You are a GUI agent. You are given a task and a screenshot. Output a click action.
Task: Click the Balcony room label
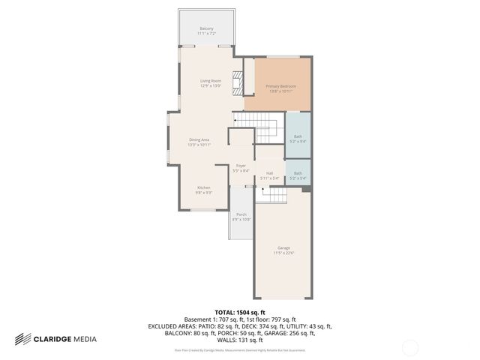point(206,28)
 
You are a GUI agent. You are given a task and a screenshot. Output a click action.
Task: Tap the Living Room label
point(211,81)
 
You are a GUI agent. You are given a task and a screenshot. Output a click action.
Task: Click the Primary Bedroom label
point(280,86)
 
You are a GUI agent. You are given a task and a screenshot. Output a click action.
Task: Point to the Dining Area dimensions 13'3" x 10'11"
point(199,145)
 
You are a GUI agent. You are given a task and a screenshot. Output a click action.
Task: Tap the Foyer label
point(241,166)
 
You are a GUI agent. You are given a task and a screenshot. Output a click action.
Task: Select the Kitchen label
point(204,187)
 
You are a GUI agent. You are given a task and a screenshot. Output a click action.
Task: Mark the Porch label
point(241,214)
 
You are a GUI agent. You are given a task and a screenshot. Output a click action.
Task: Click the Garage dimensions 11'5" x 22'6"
point(283,253)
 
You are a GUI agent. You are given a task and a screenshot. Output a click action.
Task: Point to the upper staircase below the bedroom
point(256,123)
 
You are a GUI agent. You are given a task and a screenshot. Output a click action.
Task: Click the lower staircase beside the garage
point(274,195)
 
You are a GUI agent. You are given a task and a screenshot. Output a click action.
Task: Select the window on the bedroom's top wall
point(280,57)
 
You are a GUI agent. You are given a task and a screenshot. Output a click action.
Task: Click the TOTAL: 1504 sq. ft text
point(240,312)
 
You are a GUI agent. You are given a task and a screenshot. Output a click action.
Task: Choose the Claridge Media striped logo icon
point(22,339)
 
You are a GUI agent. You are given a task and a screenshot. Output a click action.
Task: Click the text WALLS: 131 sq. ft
point(240,339)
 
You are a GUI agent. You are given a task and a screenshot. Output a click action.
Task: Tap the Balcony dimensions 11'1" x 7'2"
point(206,34)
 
